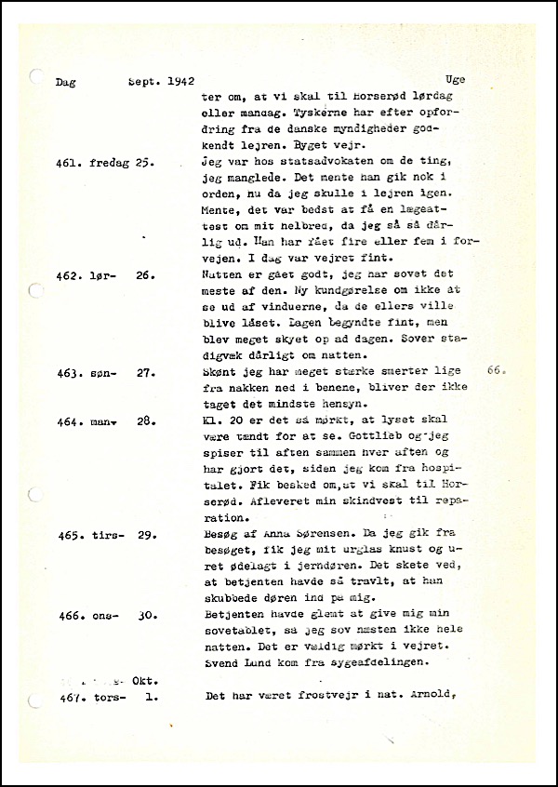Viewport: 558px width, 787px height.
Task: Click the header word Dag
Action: point(65,82)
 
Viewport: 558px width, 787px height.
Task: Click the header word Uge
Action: point(456,81)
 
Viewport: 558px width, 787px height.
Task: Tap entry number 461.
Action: point(66,163)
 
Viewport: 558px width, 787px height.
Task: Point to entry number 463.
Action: point(66,370)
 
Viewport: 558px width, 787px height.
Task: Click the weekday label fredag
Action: point(107,163)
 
